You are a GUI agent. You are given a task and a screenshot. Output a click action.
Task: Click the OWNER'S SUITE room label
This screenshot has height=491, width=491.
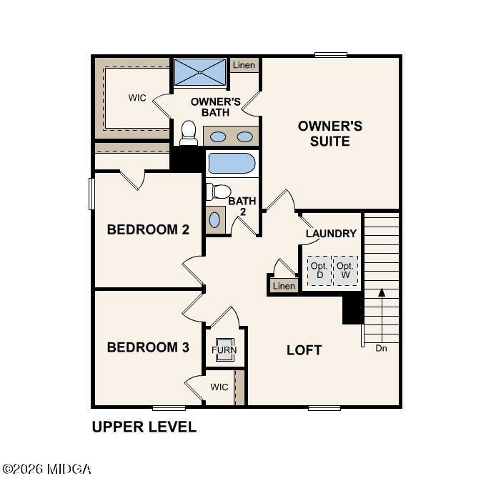(x=329, y=134)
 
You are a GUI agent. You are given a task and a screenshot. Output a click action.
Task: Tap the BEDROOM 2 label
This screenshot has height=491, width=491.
(x=148, y=229)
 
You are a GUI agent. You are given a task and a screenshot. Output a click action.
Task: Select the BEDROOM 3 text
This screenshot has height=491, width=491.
(x=148, y=347)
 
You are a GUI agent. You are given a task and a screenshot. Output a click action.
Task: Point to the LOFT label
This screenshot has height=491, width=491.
(x=304, y=350)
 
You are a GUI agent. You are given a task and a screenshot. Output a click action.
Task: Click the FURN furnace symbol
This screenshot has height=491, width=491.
(x=224, y=350)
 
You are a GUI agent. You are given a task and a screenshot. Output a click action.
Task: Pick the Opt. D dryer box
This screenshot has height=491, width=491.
(x=319, y=270)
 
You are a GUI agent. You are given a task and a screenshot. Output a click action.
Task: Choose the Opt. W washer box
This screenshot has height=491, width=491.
(x=345, y=270)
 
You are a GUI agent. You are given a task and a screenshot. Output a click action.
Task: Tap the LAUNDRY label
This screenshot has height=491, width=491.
(x=331, y=233)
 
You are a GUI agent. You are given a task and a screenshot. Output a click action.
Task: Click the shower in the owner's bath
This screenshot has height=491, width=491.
(x=200, y=72)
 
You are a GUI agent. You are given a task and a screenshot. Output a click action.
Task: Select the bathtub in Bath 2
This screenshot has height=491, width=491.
(x=232, y=164)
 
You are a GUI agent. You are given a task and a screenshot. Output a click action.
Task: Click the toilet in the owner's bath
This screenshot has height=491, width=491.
(x=189, y=133)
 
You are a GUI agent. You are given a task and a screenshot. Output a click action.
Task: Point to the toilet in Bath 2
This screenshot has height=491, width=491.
(x=219, y=192)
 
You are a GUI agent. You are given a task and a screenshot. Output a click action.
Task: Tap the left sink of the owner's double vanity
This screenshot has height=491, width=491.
(x=219, y=137)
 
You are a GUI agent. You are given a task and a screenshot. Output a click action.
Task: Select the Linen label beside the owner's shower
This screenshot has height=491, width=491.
(x=244, y=65)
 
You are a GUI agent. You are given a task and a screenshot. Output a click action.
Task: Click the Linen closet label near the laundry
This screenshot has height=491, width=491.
(x=284, y=286)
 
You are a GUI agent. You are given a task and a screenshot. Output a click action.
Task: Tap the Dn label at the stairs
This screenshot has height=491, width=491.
(x=382, y=348)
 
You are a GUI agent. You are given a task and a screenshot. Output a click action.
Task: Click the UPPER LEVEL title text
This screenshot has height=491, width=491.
(x=144, y=427)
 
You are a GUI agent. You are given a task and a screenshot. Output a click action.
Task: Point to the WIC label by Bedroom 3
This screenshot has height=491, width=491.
(x=219, y=387)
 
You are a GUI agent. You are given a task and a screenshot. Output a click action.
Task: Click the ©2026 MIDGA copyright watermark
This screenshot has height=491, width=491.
(x=46, y=470)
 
